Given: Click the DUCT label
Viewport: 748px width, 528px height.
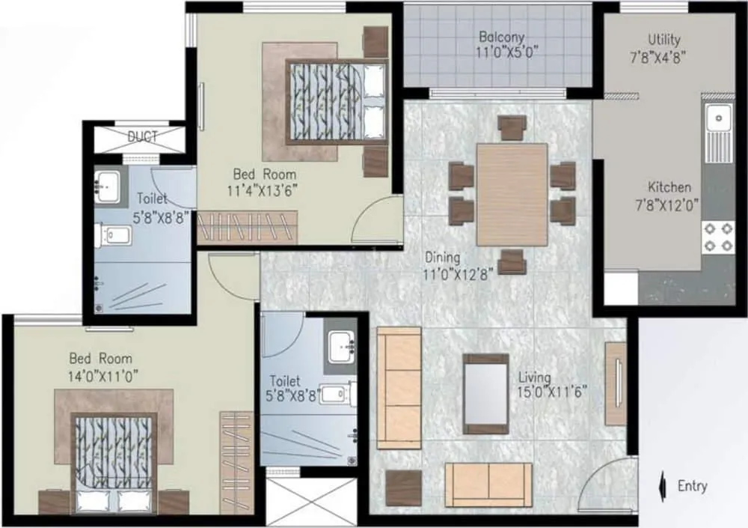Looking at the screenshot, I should [x=143, y=137].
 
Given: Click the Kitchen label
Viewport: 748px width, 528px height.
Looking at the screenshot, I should [x=669, y=187].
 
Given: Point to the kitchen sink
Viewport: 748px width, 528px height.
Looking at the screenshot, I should [x=720, y=118].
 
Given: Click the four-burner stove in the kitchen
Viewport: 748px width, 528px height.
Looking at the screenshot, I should [x=718, y=236].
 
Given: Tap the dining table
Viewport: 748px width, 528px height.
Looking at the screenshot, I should [x=512, y=194].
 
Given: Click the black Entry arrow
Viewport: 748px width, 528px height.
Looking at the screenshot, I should [x=660, y=487].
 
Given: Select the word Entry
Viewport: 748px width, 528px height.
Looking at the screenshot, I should [x=692, y=486].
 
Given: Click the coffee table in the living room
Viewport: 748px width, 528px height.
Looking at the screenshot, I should [x=485, y=393].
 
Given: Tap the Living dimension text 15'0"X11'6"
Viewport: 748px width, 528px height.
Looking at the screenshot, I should [x=553, y=392].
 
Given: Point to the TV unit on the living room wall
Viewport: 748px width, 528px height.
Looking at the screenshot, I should [x=616, y=383].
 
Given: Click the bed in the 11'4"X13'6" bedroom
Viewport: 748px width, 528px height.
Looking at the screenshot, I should [x=337, y=101].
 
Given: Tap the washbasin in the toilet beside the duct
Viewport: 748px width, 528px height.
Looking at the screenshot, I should [x=108, y=184].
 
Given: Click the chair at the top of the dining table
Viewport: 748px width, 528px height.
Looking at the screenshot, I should [x=512, y=127].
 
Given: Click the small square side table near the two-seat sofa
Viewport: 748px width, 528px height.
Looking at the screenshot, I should [x=404, y=487].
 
